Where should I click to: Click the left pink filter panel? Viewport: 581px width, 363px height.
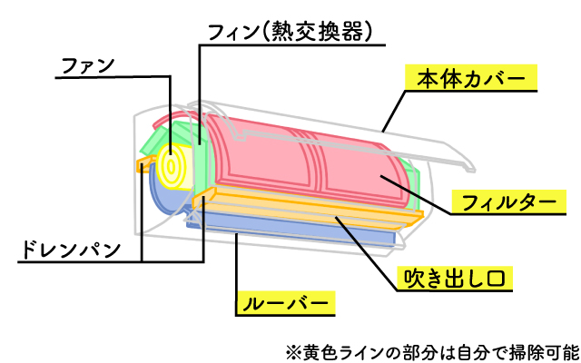263,154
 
